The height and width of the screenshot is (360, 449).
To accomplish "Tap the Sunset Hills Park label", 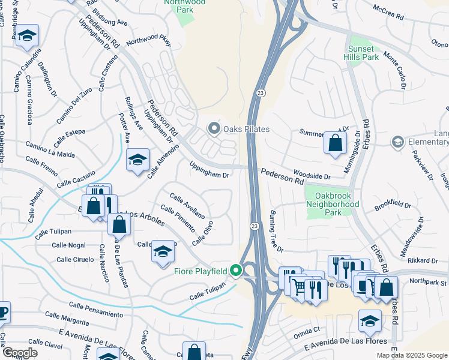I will (x=363, y=53).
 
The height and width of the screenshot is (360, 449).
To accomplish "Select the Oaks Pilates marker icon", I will (x=213, y=129).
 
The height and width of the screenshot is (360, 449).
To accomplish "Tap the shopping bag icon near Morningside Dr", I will (x=335, y=143).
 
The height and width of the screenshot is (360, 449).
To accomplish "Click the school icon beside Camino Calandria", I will (x=27, y=36).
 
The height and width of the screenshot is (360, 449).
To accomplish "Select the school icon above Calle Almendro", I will (x=137, y=160).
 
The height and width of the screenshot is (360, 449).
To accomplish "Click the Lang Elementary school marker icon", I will (x=396, y=142).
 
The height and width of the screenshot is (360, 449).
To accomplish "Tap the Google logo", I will (x=20, y=353).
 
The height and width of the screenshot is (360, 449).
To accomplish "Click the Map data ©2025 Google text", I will (x=412, y=355).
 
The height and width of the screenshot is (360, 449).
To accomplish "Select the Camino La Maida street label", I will (x=50, y=149).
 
